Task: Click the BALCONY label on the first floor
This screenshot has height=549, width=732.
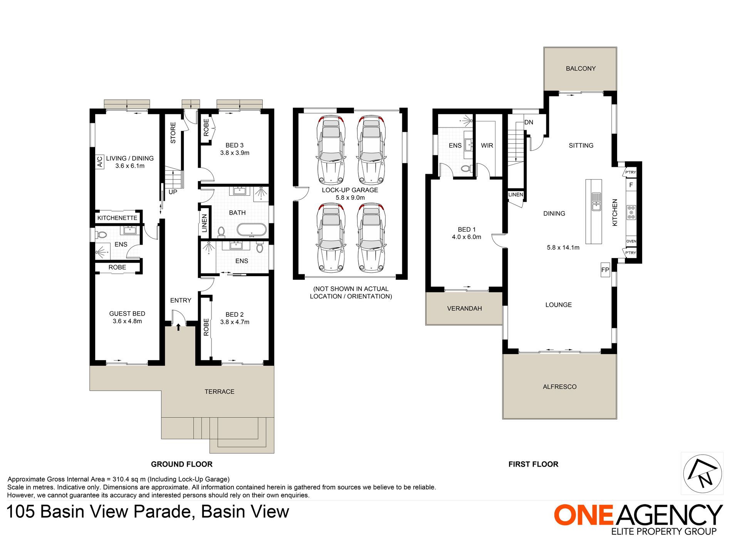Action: (x=581, y=69)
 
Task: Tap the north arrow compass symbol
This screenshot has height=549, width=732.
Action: (x=702, y=473)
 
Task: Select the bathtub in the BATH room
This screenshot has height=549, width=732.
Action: (x=251, y=230)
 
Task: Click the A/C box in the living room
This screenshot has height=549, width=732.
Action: (x=99, y=162)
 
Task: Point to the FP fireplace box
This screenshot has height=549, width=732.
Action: (x=605, y=270)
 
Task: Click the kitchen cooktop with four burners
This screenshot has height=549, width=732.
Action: (x=631, y=212)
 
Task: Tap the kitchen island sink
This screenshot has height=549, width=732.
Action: (x=596, y=201)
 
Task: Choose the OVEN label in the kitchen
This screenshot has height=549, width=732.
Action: (x=631, y=241)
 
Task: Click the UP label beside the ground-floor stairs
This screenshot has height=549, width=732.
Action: (x=173, y=192)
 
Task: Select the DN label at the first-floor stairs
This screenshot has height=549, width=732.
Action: (x=529, y=122)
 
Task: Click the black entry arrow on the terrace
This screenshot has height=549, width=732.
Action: (x=178, y=327)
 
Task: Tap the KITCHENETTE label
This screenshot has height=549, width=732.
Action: (x=117, y=218)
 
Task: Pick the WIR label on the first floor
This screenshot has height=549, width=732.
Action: (x=487, y=146)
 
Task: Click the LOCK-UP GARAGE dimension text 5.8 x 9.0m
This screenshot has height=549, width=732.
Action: (x=350, y=198)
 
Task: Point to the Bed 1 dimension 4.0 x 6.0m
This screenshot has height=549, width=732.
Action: (x=467, y=237)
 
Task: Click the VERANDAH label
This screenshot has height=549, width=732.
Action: (x=464, y=309)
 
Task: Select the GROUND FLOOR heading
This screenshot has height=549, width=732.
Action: (x=181, y=464)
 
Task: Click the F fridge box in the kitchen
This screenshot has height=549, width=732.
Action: (x=631, y=185)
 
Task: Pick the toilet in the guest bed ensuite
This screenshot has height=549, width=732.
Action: (x=101, y=234)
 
